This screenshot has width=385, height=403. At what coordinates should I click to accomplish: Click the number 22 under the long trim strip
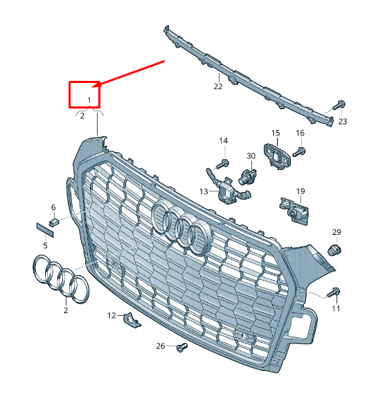pos(218,86)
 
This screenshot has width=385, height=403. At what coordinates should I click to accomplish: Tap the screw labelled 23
pos(339,106)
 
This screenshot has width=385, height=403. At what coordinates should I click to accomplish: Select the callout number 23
pos(342,121)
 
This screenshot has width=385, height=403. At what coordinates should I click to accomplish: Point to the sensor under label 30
pos(248,176)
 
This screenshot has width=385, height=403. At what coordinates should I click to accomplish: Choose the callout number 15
pos(275,133)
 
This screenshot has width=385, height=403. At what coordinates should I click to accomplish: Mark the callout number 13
pos(204,191)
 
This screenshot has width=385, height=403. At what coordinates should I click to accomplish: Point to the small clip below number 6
pos(54,221)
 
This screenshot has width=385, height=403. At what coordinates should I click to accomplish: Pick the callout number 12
pos(111,315)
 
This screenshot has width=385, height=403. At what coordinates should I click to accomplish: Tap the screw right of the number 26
pos(182,347)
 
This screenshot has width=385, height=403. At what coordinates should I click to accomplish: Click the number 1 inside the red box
pos(89,100)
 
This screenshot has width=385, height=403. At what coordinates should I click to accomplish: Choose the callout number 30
pos(251,156)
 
